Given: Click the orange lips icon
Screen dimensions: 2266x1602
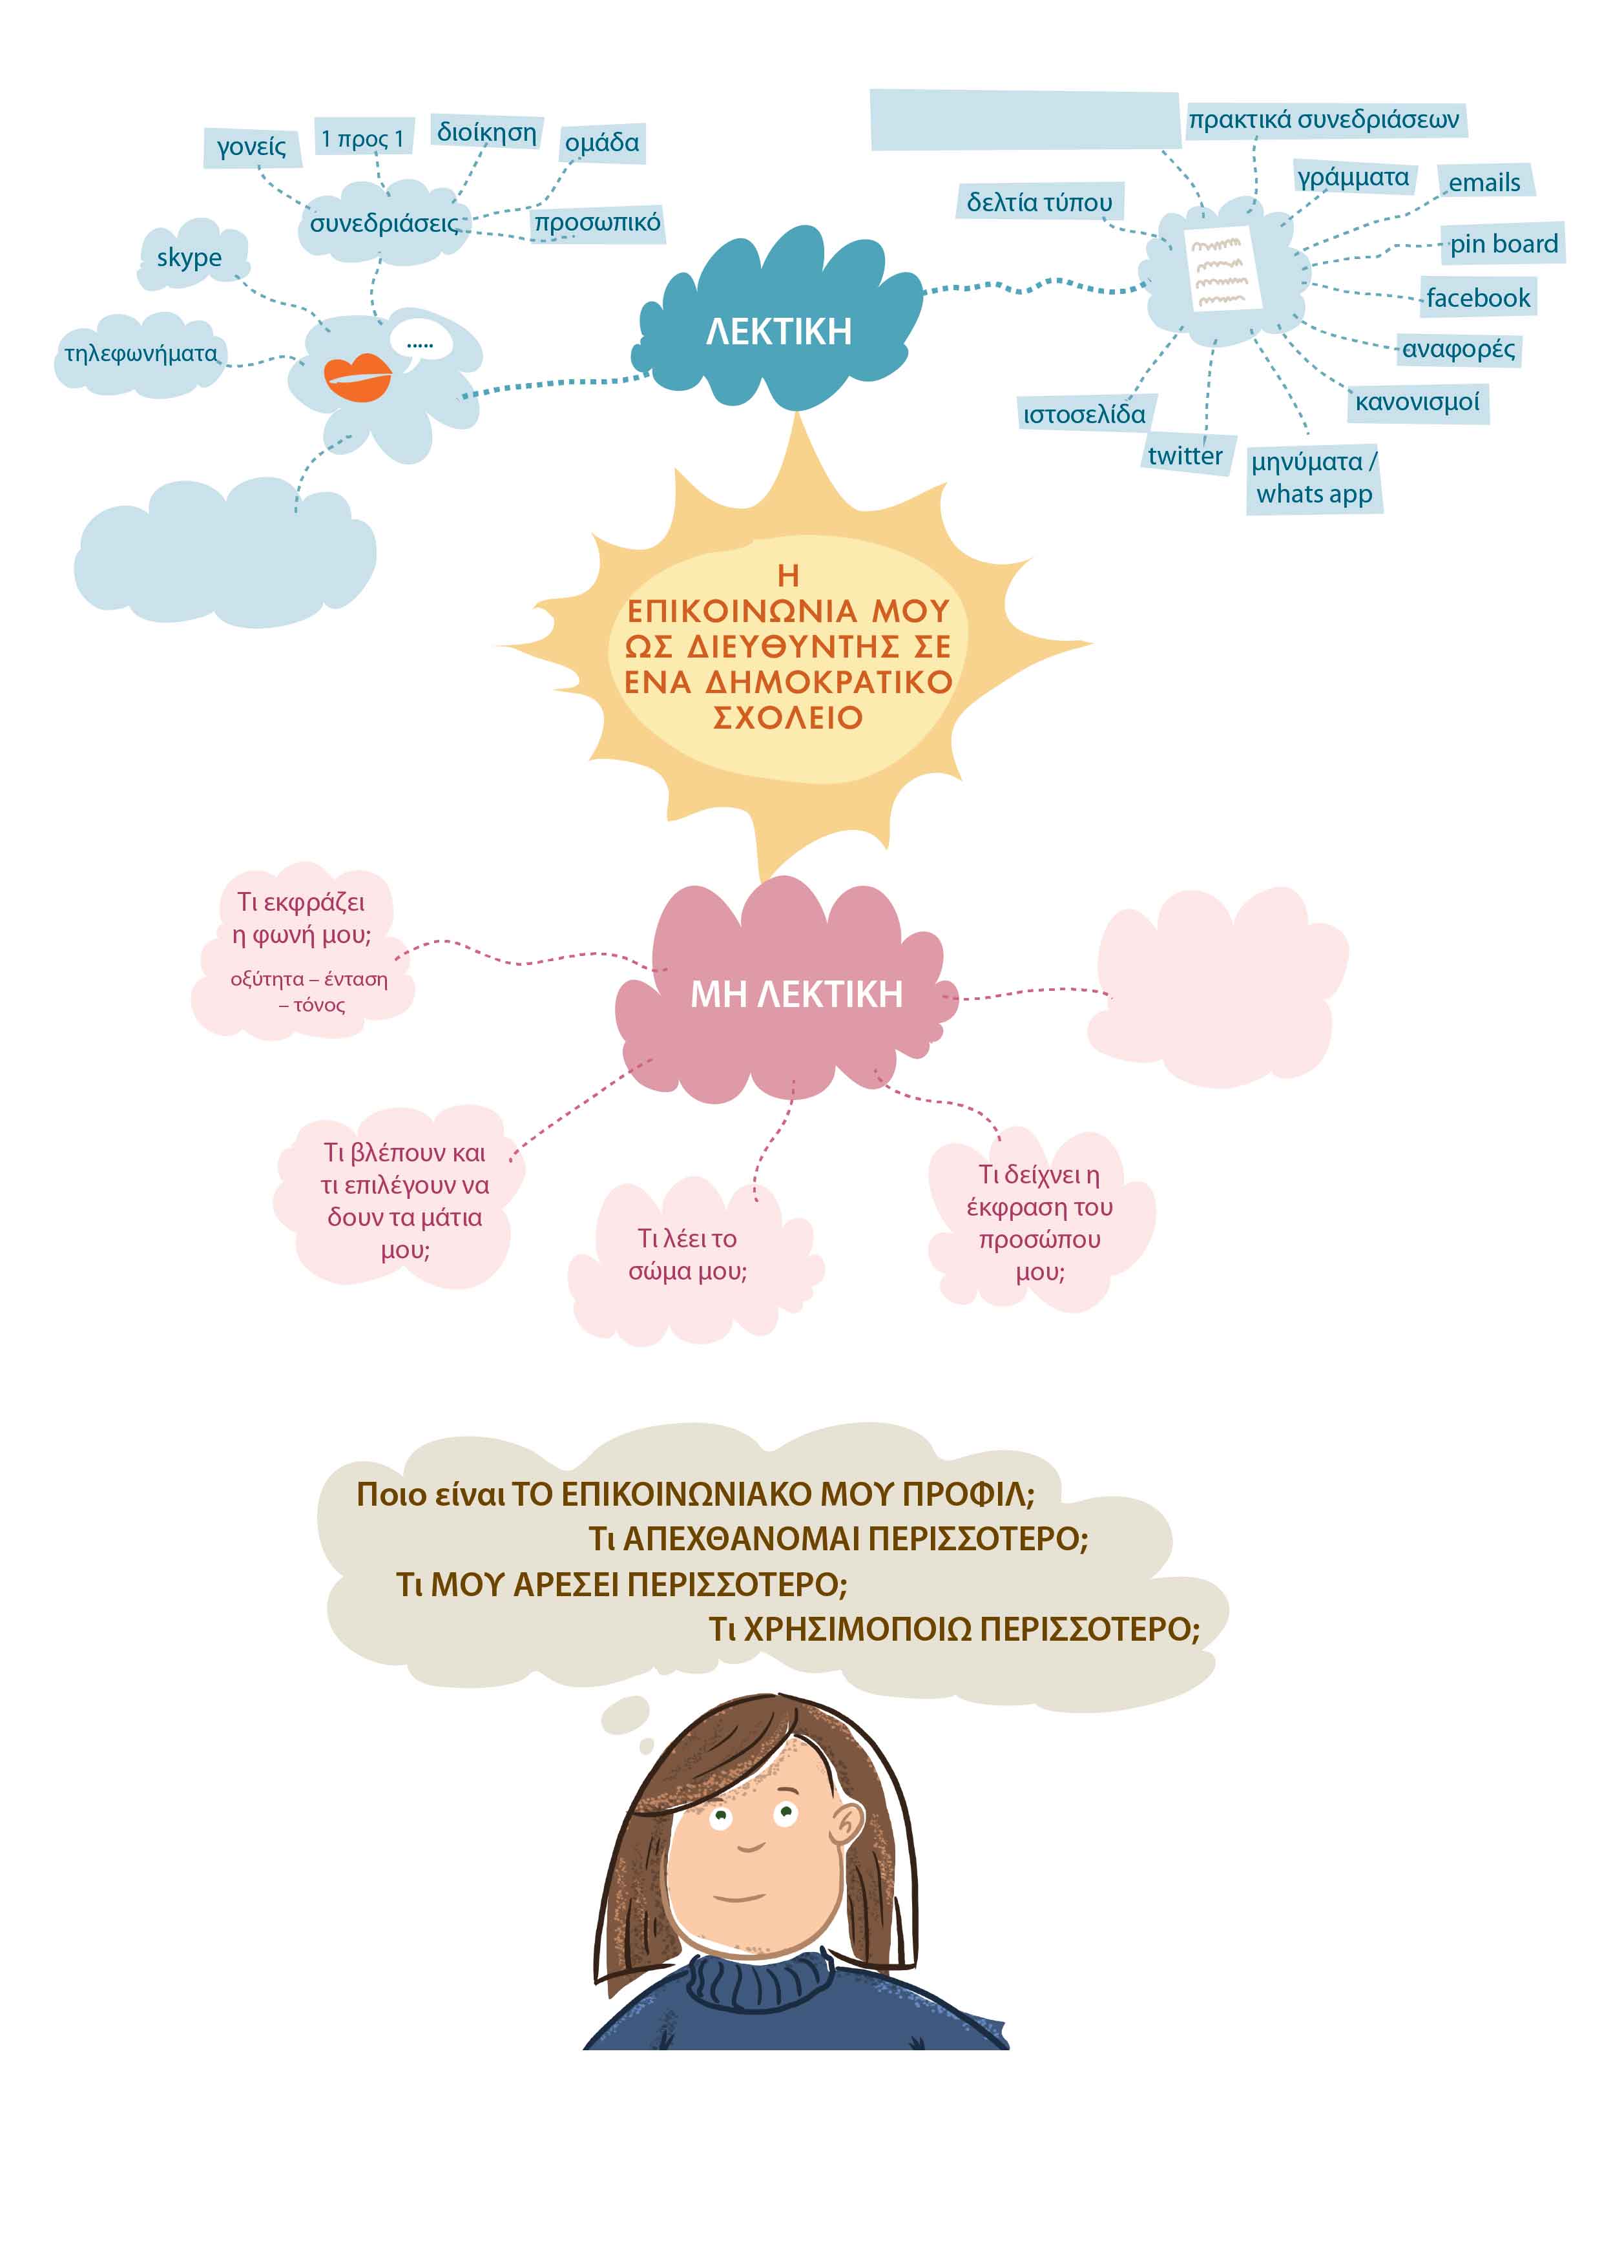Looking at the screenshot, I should pos(357,376).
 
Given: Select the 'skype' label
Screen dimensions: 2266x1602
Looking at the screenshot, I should pos(189,258).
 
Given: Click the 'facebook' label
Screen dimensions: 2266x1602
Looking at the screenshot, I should pos(1477,298).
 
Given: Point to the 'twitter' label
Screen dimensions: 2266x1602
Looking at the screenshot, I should pos(1185,456).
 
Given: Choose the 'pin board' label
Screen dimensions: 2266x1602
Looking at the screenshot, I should pos(1503,244).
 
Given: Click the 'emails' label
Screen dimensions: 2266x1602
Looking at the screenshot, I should pos(1484,183).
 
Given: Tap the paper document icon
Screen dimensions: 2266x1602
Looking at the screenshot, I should pos(1223,269).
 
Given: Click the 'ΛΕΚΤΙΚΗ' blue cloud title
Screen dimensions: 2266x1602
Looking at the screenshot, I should pos(779,331).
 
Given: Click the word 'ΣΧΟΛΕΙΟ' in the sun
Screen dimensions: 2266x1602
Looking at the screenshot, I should pos(787,718).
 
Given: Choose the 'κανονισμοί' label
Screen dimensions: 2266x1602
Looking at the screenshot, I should pos(1417,402).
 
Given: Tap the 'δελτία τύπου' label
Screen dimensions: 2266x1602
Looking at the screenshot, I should pos(1039,202).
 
